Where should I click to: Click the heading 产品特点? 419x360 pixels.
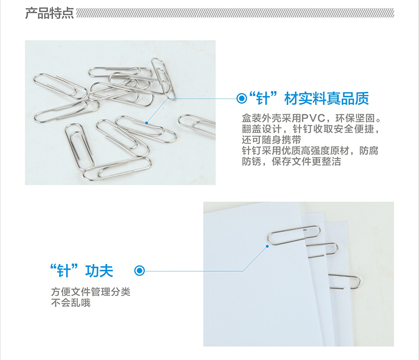[49, 13]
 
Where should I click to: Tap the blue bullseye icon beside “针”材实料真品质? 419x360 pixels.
[242, 98]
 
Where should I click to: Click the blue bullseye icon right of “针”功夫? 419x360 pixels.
[140, 271]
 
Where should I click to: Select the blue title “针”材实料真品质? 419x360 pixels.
[309, 99]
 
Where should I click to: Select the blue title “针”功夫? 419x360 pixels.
[82, 271]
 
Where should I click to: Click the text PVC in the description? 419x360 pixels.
[313, 118]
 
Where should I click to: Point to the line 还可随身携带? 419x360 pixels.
[272, 140]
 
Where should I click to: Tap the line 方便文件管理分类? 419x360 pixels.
[91, 292]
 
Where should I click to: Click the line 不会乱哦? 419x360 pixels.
[71, 303]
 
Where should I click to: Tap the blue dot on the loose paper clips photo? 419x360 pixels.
[146, 123]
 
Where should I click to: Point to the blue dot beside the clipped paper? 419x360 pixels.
[267, 246]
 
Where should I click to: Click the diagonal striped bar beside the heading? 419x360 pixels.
[235, 13]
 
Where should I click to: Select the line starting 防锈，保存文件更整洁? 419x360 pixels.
[291, 161]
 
